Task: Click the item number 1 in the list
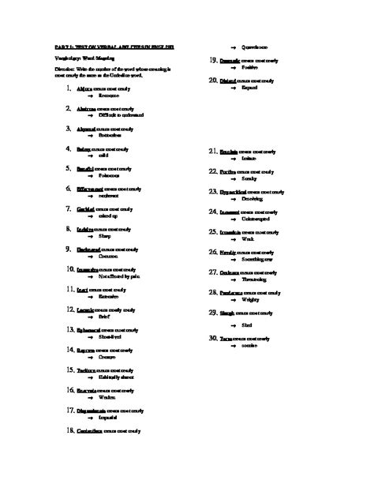[70, 88]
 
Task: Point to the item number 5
[70, 168]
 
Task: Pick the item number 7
[70, 208]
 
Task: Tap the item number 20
[212, 81]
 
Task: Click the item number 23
[213, 191]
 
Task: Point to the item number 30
[213, 338]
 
